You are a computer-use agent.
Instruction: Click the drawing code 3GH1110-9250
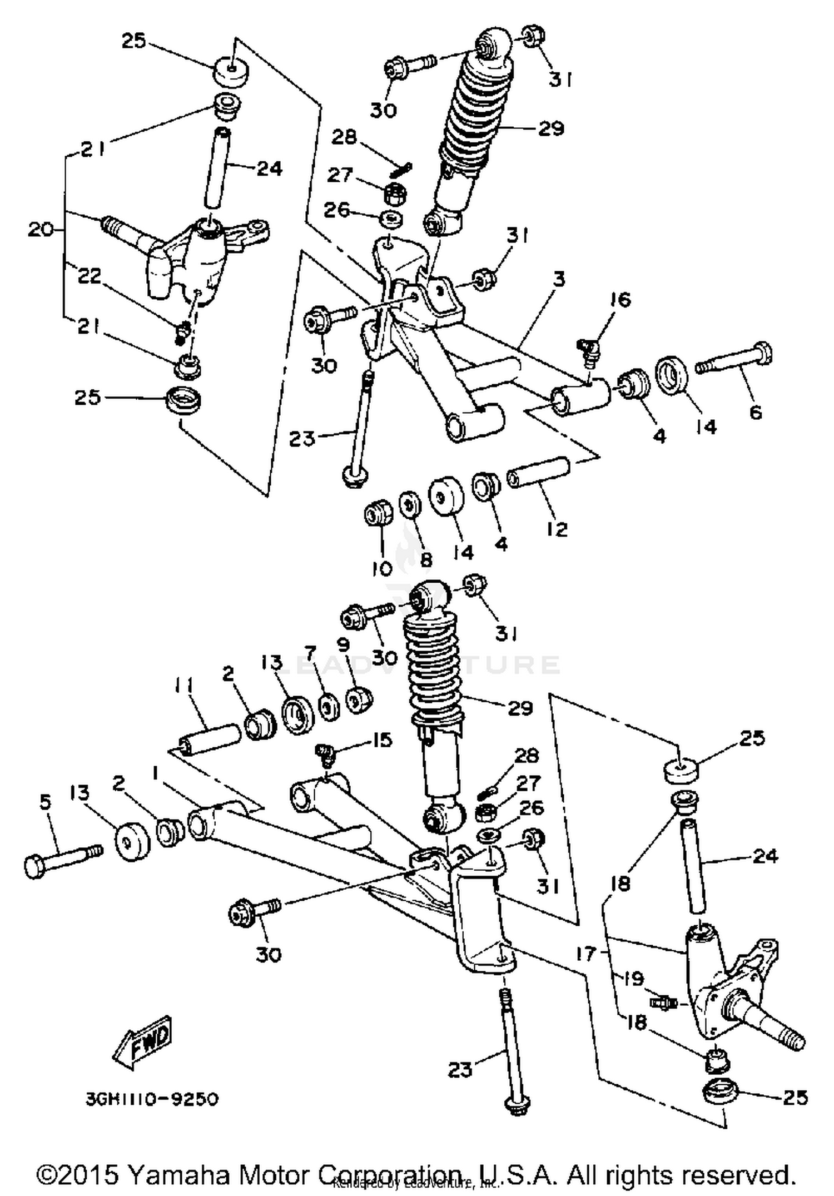152,1099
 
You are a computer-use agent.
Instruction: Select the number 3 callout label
559,279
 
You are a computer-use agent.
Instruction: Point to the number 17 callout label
585,954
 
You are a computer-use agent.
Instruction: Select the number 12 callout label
557,529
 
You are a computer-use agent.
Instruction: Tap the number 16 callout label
620,300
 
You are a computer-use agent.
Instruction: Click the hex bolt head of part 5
37,866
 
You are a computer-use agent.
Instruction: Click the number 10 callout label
383,568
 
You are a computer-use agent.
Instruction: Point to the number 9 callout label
343,645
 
